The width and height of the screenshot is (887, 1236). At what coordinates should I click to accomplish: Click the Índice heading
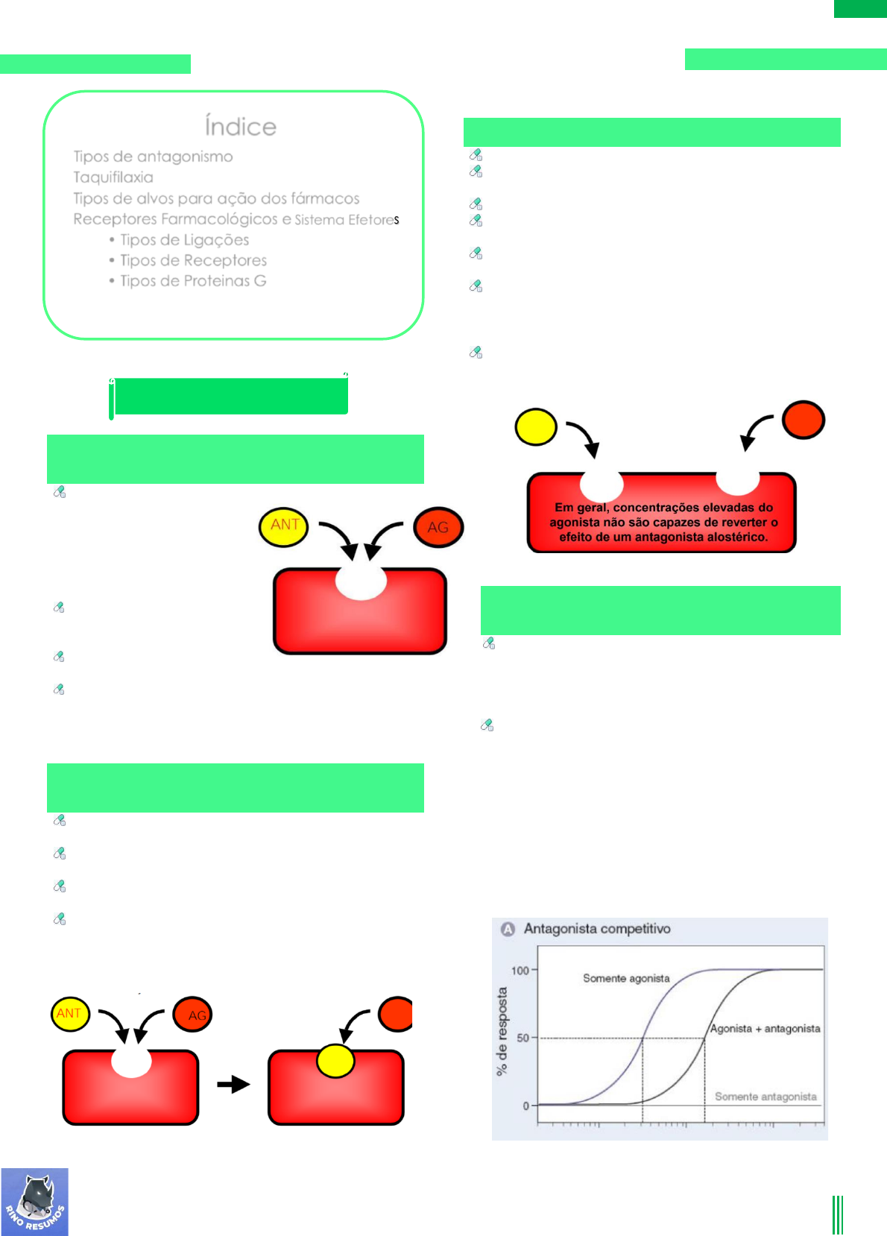(x=240, y=127)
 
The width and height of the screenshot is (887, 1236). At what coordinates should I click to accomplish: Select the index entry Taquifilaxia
(x=113, y=177)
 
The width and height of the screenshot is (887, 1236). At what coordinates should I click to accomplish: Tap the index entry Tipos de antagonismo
(x=153, y=157)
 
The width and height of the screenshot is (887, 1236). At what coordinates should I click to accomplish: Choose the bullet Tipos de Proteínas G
(x=193, y=281)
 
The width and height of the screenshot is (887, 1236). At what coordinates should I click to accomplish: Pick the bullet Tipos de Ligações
(x=184, y=240)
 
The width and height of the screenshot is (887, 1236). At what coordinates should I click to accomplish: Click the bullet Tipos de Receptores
(x=193, y=260)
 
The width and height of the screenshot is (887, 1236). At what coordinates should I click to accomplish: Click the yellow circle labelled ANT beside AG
(x=284, y=526)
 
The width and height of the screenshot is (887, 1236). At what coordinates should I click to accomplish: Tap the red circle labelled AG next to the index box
(x=438, y=527)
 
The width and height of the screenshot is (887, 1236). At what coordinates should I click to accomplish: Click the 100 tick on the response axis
(x=520, y=970)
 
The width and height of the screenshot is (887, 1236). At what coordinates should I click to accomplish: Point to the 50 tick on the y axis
(x=523, y=1038)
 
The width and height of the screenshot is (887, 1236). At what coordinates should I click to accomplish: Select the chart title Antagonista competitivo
(x=597, y=929)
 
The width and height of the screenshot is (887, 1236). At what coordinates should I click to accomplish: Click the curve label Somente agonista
(x=626, y=978)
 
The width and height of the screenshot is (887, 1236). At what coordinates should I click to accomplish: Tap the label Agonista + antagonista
(x=765, y=1029)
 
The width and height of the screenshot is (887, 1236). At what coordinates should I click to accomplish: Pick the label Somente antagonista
(x=766, y=1097)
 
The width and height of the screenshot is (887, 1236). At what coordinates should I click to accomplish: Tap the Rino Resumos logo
(x=35, y=1202)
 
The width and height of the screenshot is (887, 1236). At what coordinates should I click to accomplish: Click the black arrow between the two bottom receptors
(x=233, y=1084)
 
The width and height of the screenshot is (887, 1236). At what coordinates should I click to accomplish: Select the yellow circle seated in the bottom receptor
(x=335, y=1061)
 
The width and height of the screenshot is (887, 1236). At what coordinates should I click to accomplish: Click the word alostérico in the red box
(x=736, y=537)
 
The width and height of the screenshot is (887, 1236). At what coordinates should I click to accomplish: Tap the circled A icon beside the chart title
(x=508, y=929)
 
